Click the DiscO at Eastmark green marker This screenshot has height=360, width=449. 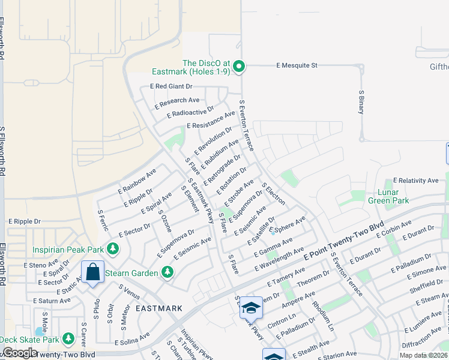pyautogui.click(x=239, y=66)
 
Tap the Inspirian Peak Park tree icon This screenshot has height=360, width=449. pyautogui.click(x=112, y=248)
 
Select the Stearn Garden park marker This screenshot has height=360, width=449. pyautogui.click(x=167, y=273)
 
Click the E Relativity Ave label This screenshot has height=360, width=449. pyautogui.click(x=415, y=180)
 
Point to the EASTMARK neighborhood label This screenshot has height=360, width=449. pyautogui.click(x=158, y=308)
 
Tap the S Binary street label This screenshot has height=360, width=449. pyautogui.click(x=361, y=104)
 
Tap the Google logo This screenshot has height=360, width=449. pyautogui.click(x=20, y=352)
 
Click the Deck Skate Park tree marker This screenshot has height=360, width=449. pyautogui.click(x=68, y=340)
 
